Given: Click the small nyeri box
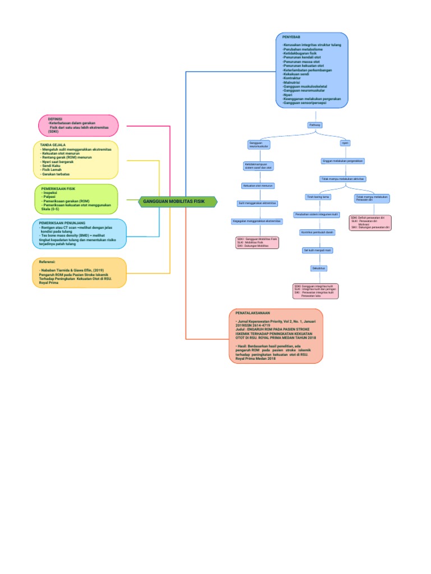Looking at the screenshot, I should tap(345, 143).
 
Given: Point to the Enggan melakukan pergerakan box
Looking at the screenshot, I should tap(343, 161).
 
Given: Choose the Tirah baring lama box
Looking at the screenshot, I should tap(318, 197).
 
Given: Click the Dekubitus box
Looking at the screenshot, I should tap(318, 269).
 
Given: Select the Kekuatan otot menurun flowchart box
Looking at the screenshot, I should tap(258, 185).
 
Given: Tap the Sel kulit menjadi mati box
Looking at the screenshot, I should tap(318, 250).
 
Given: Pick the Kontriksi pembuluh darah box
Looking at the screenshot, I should tap(318, 232).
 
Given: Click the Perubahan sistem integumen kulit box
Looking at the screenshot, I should tap(317, 215).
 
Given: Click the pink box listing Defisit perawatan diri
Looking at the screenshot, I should tap(370, 223).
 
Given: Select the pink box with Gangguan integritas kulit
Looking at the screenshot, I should tap(315, 291).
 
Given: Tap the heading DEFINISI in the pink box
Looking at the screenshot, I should tap(55, 119).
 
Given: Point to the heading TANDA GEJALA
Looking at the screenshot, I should tap(53, 145).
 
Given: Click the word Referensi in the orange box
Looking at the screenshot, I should tap(47, 262).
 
